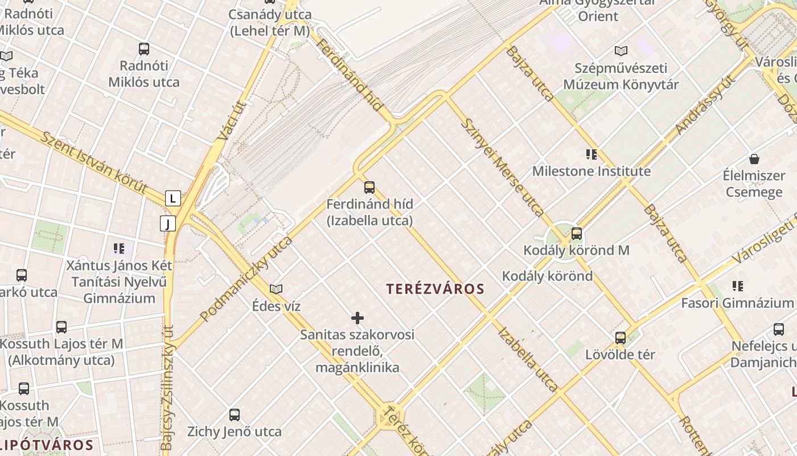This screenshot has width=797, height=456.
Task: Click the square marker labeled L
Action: coord(173,198)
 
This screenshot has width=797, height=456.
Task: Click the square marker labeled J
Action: coord(168,223)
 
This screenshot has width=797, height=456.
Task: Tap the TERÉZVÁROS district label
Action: coord(435,289)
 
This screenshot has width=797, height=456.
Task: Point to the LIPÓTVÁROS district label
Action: coord(47,445)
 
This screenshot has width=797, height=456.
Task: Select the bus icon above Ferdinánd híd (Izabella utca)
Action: coord(369,187)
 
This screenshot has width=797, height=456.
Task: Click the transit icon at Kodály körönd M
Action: coord(577,233)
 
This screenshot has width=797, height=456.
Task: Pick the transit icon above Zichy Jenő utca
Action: coord(235,415)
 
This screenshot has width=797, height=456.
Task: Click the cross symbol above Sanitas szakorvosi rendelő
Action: coord(358,317)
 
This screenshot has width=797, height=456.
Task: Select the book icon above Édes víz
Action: coord(276,290)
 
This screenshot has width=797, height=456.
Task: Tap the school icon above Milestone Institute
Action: coord(591,154)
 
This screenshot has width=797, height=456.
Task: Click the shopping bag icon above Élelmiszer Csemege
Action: coord(754,159)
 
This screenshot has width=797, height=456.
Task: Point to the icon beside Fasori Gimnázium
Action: coord(738,286)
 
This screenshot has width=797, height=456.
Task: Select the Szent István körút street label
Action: coord(94,162)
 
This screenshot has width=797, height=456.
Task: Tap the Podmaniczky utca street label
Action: coord(246,279)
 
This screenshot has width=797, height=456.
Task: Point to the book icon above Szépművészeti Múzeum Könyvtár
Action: coord(621,51)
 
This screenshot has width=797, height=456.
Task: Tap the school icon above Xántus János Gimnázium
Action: coord(119,248)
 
